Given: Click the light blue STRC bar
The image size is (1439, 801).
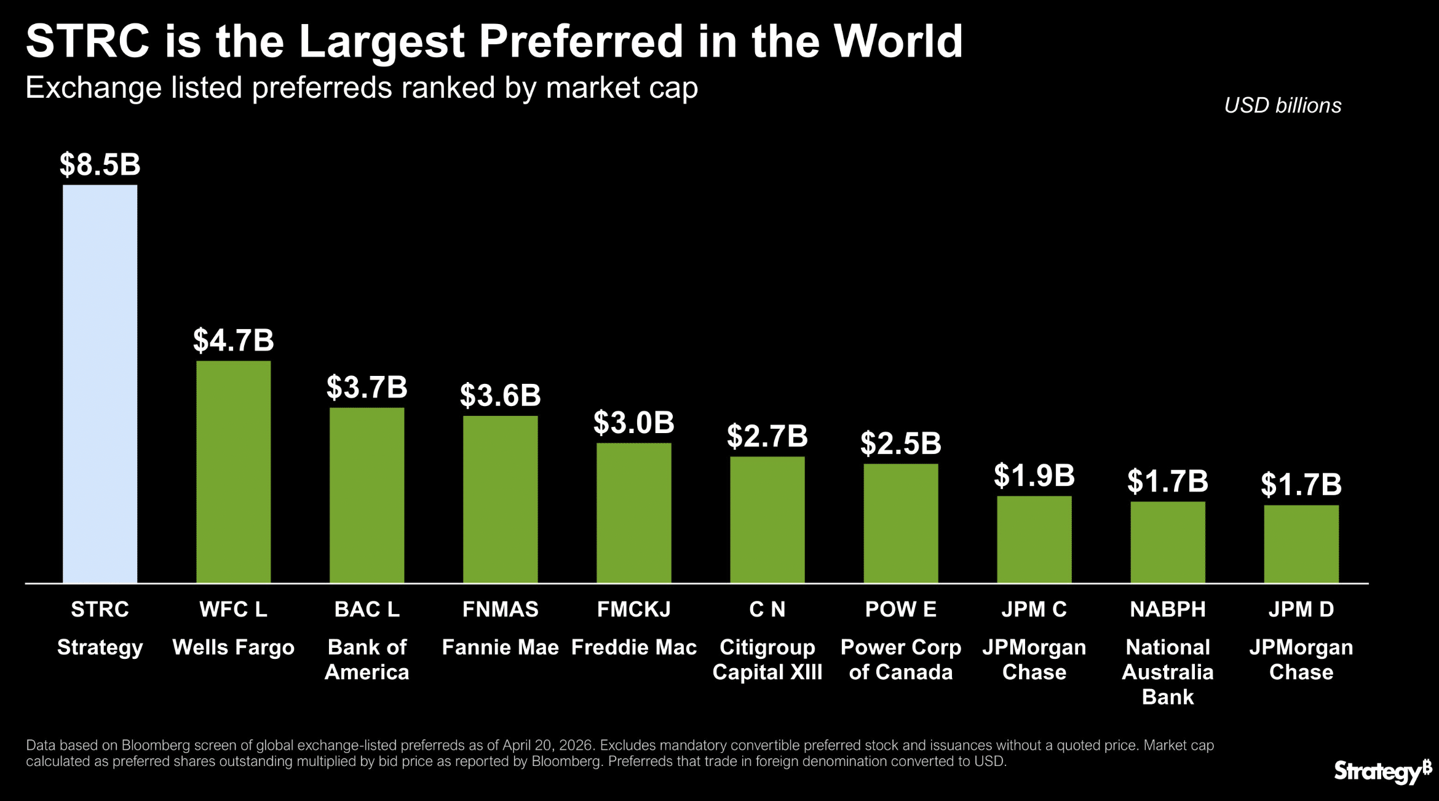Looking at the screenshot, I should (100, 383).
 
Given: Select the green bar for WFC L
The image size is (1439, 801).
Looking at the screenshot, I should (233, 471).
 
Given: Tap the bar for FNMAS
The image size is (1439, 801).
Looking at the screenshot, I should (500, 499).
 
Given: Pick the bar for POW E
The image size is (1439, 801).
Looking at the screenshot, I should (900, 523).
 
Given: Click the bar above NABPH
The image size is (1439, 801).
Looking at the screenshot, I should (1167, 541).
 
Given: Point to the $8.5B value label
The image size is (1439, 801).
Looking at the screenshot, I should (100, 165).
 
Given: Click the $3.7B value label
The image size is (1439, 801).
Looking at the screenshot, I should (367, 388).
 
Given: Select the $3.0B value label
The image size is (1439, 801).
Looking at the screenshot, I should (633, 423).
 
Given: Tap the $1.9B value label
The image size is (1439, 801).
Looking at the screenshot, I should (1034, 476).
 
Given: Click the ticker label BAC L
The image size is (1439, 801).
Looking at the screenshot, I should (367, 609).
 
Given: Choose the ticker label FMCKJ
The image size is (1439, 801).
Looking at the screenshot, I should (633, 609).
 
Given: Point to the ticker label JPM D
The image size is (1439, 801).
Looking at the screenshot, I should (1301, 609).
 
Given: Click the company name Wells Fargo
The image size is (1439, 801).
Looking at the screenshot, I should (233, 647).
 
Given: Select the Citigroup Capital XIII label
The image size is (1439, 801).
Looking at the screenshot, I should (767, 660).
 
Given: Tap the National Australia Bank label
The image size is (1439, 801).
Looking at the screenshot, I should (1167, 672).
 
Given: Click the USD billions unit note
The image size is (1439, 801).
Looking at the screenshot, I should (1282, 105).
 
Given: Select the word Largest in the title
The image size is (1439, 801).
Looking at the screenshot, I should (381, 42).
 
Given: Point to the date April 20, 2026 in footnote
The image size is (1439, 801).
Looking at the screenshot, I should (547, 746).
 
